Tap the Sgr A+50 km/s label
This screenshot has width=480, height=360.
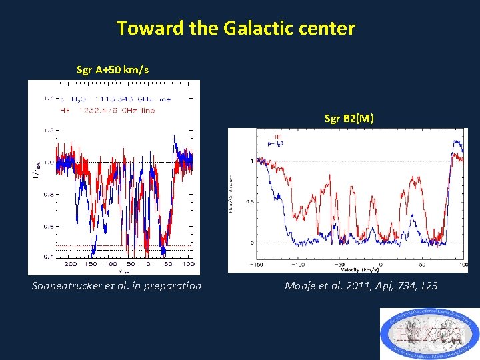tap(113, 69)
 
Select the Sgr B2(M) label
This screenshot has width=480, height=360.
tap(349, 119)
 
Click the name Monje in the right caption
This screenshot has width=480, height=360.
tap(301, 286)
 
